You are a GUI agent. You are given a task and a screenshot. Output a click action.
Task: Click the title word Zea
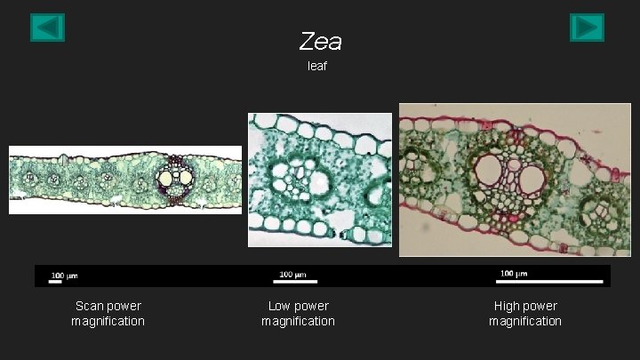pos(320,41)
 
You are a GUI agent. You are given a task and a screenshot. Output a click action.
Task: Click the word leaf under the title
pos(317,67)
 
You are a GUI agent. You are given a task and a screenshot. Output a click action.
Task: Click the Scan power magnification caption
pos(108,314)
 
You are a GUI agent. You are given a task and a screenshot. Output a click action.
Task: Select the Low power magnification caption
pos(298,314)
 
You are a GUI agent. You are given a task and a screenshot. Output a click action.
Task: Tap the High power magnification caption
pos(524,314)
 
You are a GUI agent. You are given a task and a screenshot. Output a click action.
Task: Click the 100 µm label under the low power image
pos(293,273)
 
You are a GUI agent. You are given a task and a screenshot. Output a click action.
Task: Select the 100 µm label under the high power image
pos(514,273)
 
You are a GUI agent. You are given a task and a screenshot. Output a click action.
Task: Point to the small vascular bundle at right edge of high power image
pos(594,214)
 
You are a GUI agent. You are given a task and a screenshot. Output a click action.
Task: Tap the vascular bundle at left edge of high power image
pos(414,165)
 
